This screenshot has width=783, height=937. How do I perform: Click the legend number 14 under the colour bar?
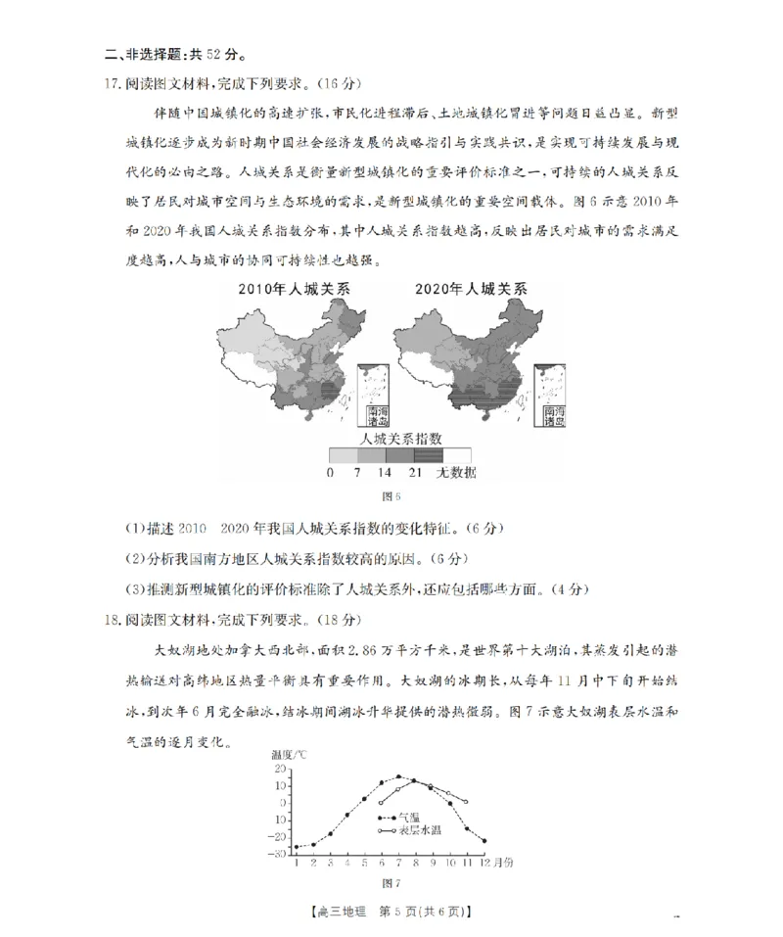(x=386, y=473)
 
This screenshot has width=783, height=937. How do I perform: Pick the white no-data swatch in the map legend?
(x=457, y=455)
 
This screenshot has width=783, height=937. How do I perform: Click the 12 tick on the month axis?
(x=484, y=863)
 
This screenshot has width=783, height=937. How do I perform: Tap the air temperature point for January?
(x=296, y=847)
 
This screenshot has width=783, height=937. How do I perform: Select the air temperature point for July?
(x=398, y=776)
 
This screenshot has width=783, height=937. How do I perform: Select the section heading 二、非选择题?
(x=127, y=53)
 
